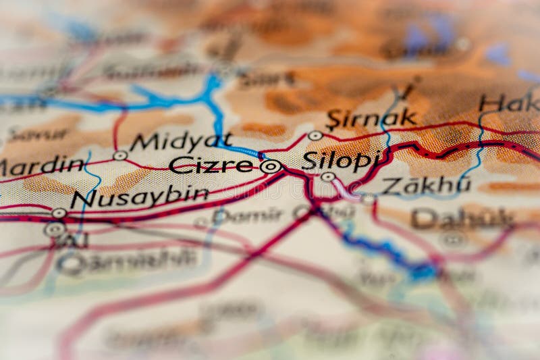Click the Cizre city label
tap(211, 165)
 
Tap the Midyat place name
tap(181, 142)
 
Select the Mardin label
tap(42, 166)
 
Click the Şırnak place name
tap(371, 119)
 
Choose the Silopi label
tap(342, 161)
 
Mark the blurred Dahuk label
tap(463, 218)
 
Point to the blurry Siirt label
tap(267, 80)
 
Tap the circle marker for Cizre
tap(271, 166)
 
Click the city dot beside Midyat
tap(120, 155)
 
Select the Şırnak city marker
tap(315, 136)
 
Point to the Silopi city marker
tap(327, 177)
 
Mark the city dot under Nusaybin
tap(59, 213)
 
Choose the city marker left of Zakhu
tap(367, 199)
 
